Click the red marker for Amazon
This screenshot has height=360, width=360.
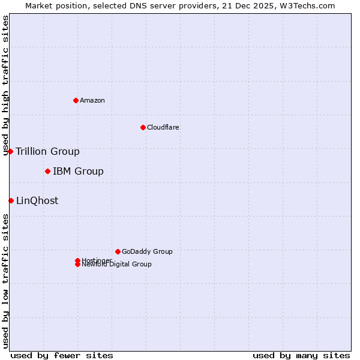point(76,100)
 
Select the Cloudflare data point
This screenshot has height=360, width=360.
point(143,127)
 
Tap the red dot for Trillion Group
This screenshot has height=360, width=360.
point(11,151)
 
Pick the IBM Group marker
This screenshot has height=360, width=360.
point(47,172)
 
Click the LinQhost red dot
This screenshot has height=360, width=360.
point(11,200)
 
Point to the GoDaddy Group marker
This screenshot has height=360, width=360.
point(118,251)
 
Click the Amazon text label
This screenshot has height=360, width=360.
point(92,100)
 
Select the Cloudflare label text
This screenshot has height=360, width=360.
point(163,127)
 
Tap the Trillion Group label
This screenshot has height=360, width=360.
point(47,151)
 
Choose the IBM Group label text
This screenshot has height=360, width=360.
point(78,172)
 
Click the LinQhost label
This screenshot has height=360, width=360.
point(37,200)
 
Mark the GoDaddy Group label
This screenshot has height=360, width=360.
point(147,251)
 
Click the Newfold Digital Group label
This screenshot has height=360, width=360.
point(116,265)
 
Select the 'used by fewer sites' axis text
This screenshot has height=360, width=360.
point(62,355)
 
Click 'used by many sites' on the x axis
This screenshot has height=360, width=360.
point(301,355)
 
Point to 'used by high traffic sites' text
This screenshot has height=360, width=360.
point(6,85)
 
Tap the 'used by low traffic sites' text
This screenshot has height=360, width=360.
point(6,280)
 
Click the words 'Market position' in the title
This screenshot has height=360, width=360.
point(53,5)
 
